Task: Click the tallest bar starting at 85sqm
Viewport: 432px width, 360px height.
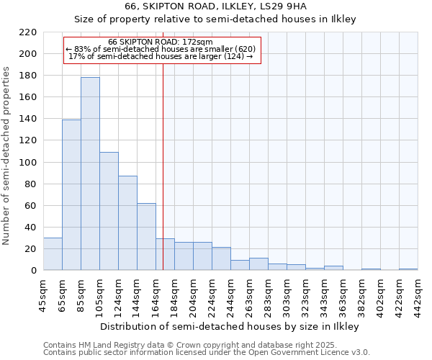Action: (x=90, y=174)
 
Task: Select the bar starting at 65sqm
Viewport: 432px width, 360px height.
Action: (x=71, y=194)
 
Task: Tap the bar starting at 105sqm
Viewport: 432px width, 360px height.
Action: (x=109, y=211)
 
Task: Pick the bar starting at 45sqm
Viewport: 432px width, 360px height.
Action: (x=53, y=254)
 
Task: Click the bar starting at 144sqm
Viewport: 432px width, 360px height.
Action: (x=146, y=237)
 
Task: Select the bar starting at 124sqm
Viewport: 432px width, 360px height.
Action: (x=127, y=223)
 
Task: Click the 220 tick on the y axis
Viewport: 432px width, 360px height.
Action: (x=28, y=32)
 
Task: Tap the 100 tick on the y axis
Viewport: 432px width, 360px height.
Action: (x=28, y=163)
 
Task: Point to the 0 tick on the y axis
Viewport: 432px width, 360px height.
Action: (x=33, y=271)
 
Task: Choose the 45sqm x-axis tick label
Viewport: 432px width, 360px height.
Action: (x=44, y=293)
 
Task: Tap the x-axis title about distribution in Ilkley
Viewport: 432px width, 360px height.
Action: (x=229, y=326)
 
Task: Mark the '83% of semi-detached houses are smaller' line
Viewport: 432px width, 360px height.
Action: (x=161, y=50)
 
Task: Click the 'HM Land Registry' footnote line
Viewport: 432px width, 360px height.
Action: (x=181, y=346)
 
